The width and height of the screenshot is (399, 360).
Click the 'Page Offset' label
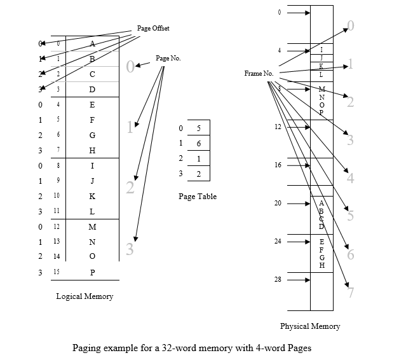click(153, 29)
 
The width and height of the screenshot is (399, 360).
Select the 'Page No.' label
click(168, 58)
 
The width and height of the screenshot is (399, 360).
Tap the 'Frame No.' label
click(259, 74)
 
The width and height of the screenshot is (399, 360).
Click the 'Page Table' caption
click(198, 197)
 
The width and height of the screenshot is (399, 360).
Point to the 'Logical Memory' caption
click(85, 296)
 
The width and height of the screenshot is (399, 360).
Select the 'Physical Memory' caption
click(310, 326)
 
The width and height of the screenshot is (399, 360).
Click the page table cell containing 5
click(199, 128)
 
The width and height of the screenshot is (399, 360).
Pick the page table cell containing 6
click(199, 144)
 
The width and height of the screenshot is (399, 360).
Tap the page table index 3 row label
click(181, 173)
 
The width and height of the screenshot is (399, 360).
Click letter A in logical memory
click(92, 44)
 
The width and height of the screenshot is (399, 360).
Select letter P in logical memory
click(92, 272)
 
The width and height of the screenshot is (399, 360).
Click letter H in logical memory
click(92, 150)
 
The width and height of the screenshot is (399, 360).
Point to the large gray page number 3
click(130, 250)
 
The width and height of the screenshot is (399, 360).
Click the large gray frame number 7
click(350, 293)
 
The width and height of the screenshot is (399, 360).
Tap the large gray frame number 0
click(350, 26)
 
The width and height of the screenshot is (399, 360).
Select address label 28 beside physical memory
click(278, 280)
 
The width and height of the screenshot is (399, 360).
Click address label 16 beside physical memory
click(278, 165)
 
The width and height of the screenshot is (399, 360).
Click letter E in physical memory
click(321, 242)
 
